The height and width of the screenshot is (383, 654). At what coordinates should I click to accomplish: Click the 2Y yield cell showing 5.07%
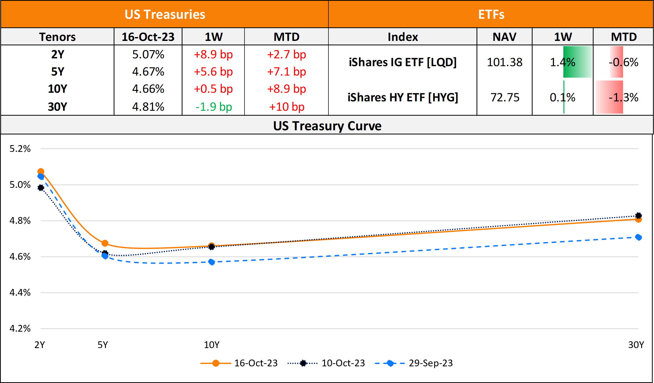[x=148, y=54]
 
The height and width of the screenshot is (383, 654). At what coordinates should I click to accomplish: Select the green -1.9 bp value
[x=213, y=107]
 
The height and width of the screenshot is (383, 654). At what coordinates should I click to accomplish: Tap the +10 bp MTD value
[x=286, y=107]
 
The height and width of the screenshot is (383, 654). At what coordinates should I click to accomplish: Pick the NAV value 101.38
[x=505, y=62]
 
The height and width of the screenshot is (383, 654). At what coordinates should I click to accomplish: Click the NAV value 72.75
[x=505, y=97]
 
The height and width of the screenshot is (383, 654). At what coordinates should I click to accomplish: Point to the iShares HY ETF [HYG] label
[x=403, y=97]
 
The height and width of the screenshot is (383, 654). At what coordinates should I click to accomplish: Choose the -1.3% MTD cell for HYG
[x=623, y=97]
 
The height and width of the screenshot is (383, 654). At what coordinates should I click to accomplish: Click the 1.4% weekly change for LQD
[x=563, y=62]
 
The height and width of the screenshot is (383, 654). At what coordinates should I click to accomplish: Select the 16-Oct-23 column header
[x=148, y=37]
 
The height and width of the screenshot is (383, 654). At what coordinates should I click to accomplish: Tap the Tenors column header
[x=57, y=37]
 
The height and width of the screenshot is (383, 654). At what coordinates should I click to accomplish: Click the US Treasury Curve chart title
[x=327, y=126]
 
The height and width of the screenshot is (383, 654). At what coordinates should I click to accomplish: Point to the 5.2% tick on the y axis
[x=20, y=149]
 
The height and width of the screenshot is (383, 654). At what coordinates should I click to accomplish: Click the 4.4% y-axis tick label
[x=20, y=293]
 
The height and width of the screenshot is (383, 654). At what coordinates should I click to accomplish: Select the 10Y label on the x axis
[x=212, y=345]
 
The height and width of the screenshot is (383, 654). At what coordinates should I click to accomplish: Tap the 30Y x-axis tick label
[x=636, y=345]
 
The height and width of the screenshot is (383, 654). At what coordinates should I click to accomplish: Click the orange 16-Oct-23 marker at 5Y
[x=105, y=243]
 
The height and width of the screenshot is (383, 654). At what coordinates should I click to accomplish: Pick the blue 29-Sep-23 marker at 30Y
[x=638, y=237]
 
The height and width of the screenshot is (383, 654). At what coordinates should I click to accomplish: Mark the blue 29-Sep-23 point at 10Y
[x=212, y=262]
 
